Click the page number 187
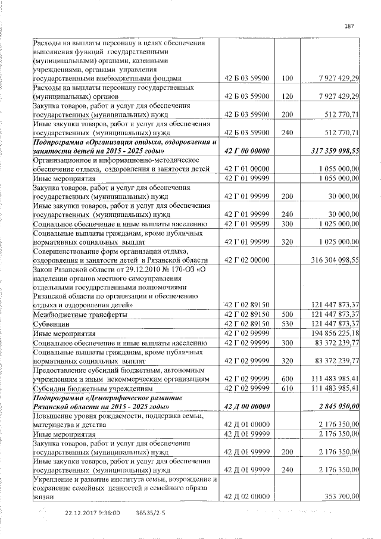click(x=349, y=26)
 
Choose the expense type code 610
click(x=288, y=388)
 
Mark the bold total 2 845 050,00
click(x=338, y=406)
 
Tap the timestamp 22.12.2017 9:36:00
click(x=92, y=512)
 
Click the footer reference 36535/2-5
click(x=151, y=512)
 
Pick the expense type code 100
click(x=288, y=78)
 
